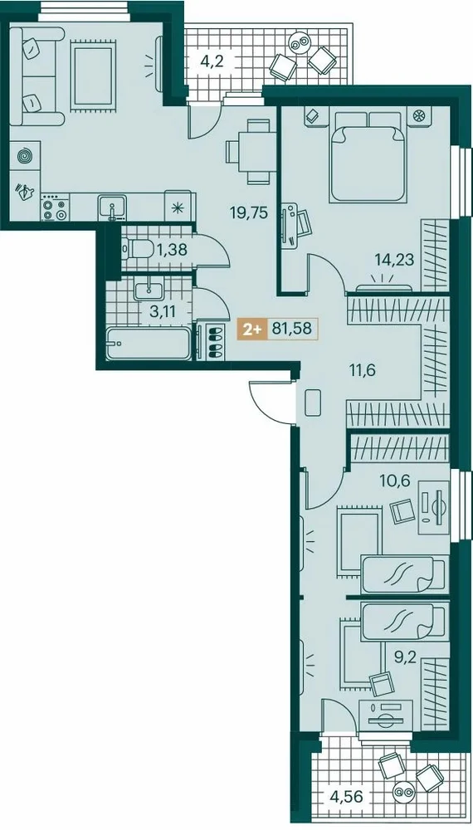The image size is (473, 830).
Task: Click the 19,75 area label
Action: tap(249, 212)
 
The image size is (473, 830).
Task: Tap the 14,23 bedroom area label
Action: tap(393, 259)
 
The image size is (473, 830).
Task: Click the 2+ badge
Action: tap(251, 329)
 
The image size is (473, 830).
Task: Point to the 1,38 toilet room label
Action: tap(173, 249)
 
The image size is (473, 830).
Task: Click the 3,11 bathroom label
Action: tap(163, 310)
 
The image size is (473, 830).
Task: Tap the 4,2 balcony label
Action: tap(212, 61)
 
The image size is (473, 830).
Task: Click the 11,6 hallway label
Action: tap(363, 370)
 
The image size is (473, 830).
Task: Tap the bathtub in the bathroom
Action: tap(149, 344)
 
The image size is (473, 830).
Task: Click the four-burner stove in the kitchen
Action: tap(56, 207)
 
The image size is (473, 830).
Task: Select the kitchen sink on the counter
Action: tap(112, 207)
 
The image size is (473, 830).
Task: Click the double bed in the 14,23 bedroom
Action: tap(368, 156)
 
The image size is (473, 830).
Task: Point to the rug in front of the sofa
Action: tap(93, 76)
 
